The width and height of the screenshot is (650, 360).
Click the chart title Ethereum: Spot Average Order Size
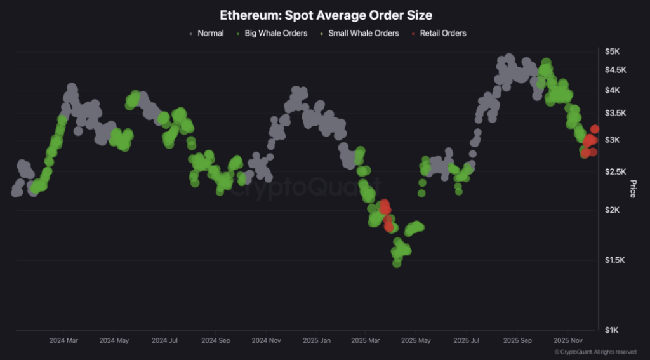(x=326, y=15)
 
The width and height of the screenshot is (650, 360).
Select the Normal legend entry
(x=210, y=33)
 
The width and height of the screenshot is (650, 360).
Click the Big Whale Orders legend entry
(x=275, y=33)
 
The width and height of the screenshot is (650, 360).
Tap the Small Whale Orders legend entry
(x=363, y=33)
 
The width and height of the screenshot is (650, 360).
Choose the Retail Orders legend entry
(x=442, y=33)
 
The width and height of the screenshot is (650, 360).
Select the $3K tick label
(x=613, y=140)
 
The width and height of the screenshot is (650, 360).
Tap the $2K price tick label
(x=613, y=210)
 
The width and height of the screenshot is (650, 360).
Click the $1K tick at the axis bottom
(x=613, y=330)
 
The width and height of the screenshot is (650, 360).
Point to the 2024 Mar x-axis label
(x=64, y=340)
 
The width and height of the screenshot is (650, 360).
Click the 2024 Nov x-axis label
(x=267, y=340)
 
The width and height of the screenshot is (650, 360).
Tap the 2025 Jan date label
(x=316, y=340)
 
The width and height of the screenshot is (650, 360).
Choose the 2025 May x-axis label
(x=416, y=340)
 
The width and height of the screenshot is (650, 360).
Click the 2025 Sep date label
(x=517, y=340)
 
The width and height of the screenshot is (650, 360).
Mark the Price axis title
(x=632, y=189)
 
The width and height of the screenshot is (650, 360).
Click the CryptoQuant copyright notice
(x=595, y=352)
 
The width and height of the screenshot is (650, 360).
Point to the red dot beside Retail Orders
(x=414, y=33)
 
